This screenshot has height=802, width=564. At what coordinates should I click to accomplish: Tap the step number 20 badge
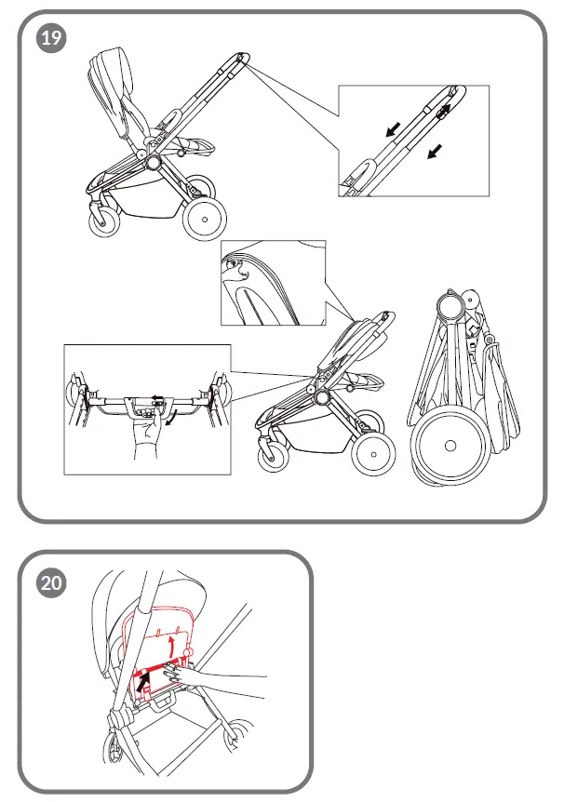click(51, 582)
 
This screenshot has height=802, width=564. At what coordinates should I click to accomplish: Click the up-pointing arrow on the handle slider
click(444, 109)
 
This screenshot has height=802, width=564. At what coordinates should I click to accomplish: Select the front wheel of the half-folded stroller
click(276, 456)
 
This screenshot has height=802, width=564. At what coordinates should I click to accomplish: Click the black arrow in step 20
click(142, 684)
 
